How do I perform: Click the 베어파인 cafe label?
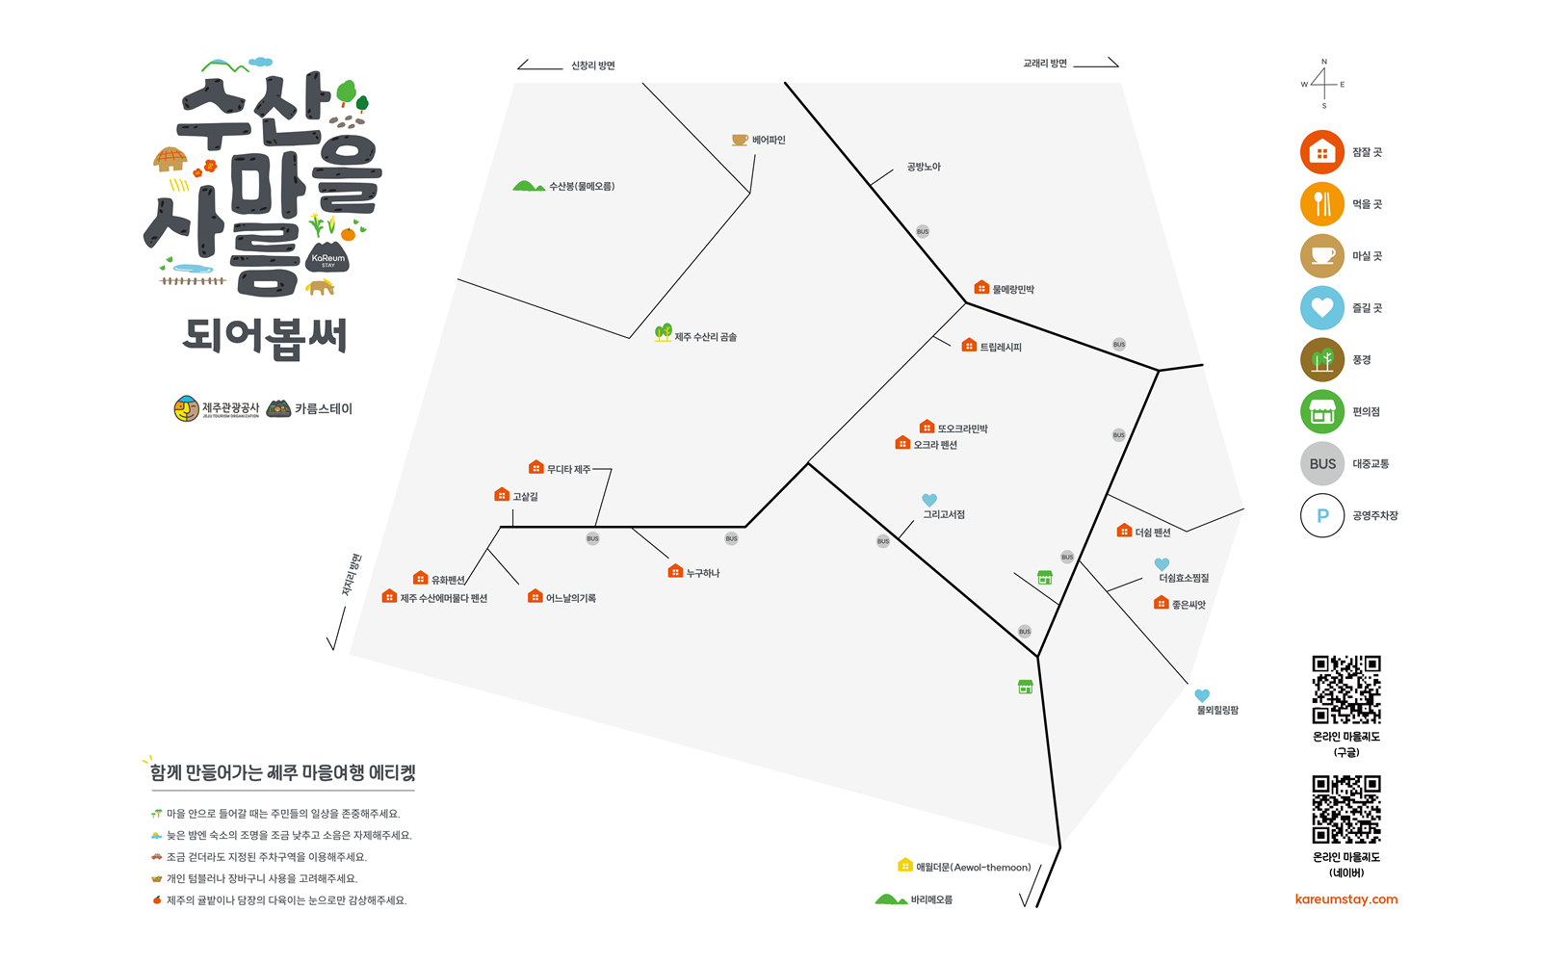pyautogui.click(x=769, y=141)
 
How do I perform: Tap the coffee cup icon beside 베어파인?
pyautogui.click(x=740, y=140)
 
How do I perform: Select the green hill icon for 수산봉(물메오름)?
pyautogui.click(x=529, y=186)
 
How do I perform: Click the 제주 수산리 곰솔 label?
pyautogui.click(x=705, y=337)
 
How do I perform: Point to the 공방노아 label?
pyautogui.click(x=924, y=167)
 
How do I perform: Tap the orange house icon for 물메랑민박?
pyautogui.click(x=981, y=288)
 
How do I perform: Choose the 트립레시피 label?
pyautogui.click(x=1001, y=348)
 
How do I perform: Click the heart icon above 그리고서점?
pyautogui.click(x=929, y=500)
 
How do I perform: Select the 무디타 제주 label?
pyautogui.click(x=568, y=470)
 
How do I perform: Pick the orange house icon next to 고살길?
pyautogui.click(x=502, y=495)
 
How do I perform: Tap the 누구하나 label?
pyautogui.click(x=703, y=573)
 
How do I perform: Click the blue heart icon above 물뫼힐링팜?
pyautogui.click(x=1202, y=695)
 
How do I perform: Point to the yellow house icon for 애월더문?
pyautogui.click(x=905, y=866)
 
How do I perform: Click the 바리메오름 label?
pyautogui.click(x=931, y=899)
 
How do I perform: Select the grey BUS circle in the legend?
pyautogui.click(x=1322, y=464)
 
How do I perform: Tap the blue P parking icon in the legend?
pyautogui.click(x=1322, y=516)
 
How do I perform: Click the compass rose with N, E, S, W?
pyautogui.click(x=1323, y=84)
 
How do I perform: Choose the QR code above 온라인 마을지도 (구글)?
pyautogui.click(x=1346, y=690)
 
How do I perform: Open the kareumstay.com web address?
pyautogui.click(x=1346, y=899)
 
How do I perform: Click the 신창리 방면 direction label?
pyautogui.click(x=592, y=65)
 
